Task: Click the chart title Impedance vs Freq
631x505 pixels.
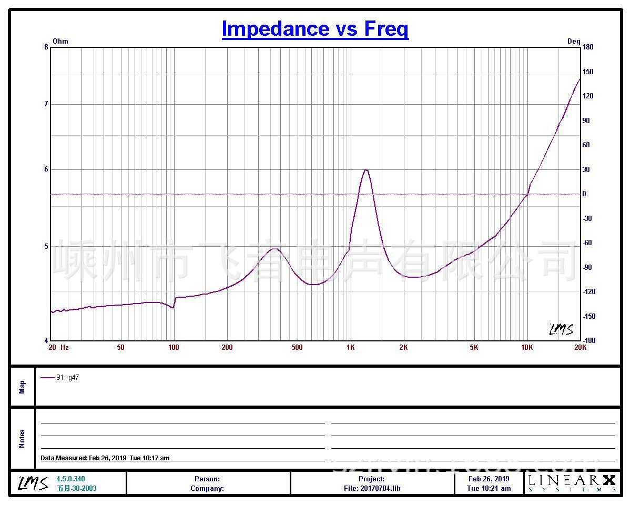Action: (x=315, y=28)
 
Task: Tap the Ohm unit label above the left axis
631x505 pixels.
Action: (x=60, y=41)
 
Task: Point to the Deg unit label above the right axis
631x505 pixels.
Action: (x=573, y=41)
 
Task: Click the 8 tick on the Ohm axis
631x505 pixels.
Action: (x=46, y=47)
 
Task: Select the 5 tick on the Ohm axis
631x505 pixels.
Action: (x=46, y=246)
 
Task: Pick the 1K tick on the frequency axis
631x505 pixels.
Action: (x=351, y=347)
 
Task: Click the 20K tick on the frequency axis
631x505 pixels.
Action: (x=580, y=347)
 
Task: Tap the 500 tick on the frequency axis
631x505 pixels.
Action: (x=297, y=347)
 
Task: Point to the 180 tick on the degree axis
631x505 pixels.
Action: (x=587, y=47)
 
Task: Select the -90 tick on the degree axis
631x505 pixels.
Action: (x=587, y=267)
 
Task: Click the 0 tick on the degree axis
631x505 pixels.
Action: (x=584, y=194)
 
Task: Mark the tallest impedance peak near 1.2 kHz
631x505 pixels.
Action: (x=365, y=170)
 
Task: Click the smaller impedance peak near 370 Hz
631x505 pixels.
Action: (x=274, y=248)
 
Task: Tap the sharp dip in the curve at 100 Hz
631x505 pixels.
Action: (x=173, y=307)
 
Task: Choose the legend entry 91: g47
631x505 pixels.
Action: (x=67, y=377)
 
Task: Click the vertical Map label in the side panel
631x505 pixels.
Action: (x=22, y=387)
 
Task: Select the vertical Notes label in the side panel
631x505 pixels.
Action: (x=22, y=439)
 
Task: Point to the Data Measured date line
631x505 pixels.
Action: (x=105, y=458)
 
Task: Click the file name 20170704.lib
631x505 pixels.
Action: (x=380, y=488)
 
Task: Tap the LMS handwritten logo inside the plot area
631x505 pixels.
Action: (x=561, y=329)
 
